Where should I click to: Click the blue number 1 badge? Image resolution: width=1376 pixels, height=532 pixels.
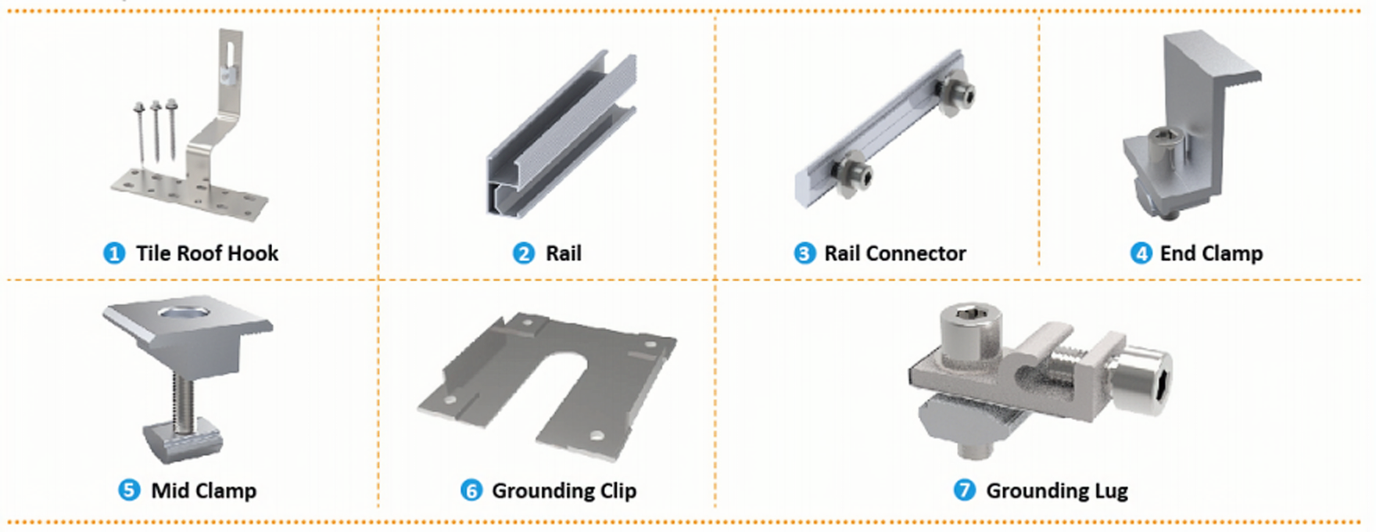[x=114, y=253]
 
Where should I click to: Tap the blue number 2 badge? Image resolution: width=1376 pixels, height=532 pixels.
[x=523, y=253]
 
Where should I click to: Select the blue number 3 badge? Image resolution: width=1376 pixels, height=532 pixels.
[x=804, y=253]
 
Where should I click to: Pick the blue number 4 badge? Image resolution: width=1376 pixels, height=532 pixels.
[x=1141, y=253]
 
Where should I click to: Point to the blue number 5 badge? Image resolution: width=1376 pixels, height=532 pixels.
[x=129, y=491]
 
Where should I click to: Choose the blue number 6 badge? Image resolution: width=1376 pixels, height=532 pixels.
[x=471, y=491]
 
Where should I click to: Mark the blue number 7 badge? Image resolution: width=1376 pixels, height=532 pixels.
[x=964, y=491]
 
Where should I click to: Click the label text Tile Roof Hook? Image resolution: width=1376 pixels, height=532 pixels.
[x=207, y=253]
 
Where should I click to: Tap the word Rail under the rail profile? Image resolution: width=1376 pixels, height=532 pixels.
[x=564, y=253]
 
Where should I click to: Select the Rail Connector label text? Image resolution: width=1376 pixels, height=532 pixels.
[x=895, y=253]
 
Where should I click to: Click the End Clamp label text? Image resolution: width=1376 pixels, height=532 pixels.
[x=1211, y=253]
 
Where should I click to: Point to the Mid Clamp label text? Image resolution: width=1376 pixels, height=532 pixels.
[x=204, y=491]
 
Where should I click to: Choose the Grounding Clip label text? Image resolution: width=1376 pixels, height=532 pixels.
[x=564, y=491]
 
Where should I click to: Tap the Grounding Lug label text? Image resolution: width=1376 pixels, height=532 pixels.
[x=1057, y=491]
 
